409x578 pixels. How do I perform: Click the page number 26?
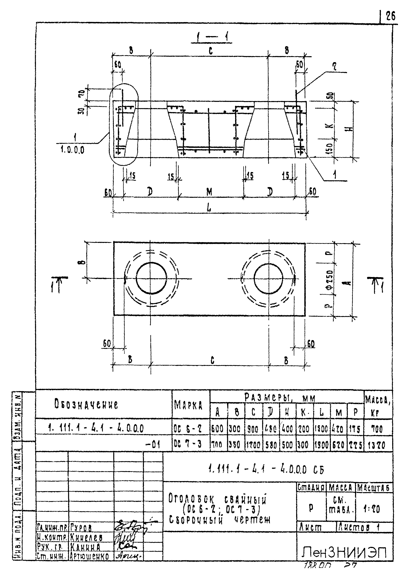[391, 17]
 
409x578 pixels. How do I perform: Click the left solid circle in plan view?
[151, 278]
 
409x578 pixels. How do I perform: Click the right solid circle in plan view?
[269, 278]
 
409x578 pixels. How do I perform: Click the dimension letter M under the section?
[209, 193]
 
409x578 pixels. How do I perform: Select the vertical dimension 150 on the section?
[331, 148]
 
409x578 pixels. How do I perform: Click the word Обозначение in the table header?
[86, 405]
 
